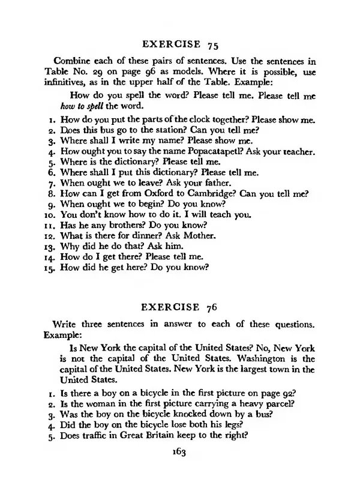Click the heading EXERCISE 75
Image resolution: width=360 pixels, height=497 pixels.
[179, 45]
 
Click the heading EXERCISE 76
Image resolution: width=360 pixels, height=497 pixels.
[179, 307]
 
